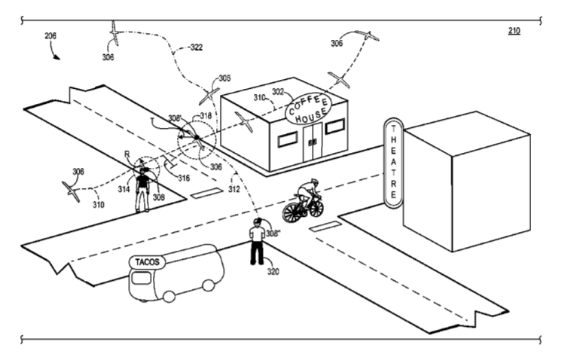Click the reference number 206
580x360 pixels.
[x=50, y=35]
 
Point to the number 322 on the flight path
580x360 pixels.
[x=197, y=47]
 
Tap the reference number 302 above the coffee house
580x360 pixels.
[x=277, y=92]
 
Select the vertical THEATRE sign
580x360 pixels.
[x=392, y=161]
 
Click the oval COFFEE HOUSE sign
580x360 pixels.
[x=307, y=110]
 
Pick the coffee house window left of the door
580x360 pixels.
[x=287, y=139]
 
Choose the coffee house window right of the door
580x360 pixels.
[x=335, y=126]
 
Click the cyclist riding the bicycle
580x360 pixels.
[x=304, y=200]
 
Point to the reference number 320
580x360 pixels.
[x=273, y=272]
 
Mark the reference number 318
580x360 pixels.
[x=206, y=116]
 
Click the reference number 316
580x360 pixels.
[x=183, y=178]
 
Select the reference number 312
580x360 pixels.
[x=234, y=189]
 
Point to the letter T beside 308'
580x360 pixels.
[x=153, y=119]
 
